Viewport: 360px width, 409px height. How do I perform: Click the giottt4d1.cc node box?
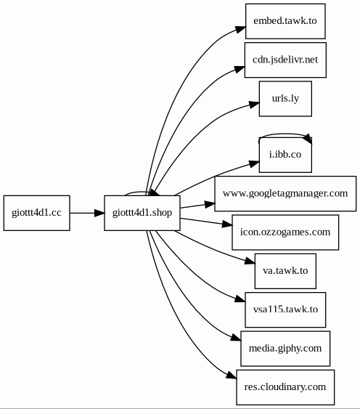37,213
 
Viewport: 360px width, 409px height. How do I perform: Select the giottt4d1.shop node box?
142,213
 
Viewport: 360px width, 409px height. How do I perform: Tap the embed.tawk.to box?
285,21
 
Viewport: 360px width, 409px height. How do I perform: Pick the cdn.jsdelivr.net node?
285,60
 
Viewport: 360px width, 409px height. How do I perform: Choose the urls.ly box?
285,99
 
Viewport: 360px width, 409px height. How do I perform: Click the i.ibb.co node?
285,155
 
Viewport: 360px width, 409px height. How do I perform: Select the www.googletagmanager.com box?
285,193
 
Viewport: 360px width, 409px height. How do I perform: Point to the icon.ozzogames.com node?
285,232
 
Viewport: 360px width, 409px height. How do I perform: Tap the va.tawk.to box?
285,271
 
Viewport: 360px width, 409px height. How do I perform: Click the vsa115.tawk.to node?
285,309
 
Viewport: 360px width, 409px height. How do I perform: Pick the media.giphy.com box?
285,349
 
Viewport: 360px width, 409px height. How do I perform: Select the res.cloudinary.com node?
285,387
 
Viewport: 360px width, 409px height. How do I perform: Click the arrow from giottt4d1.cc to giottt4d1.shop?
87,213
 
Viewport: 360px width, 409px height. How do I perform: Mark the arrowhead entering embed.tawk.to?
240,29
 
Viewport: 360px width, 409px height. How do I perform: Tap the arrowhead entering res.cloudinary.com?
232,376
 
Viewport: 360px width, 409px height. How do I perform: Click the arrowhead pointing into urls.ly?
254,105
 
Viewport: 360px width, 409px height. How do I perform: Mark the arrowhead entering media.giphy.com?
236,337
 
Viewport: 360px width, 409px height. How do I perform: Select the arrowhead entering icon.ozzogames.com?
226,224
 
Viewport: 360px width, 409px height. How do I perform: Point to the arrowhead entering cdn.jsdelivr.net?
240,68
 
